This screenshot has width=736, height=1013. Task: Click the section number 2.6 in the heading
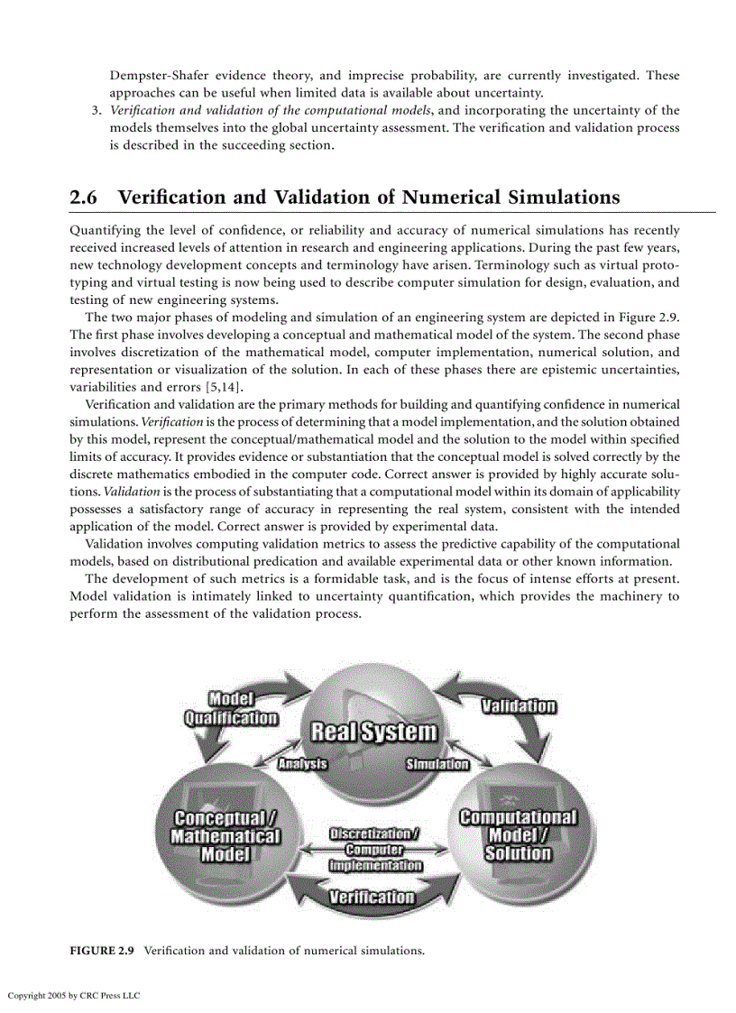pos(85,197)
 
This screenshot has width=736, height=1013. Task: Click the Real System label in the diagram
pos(373,732)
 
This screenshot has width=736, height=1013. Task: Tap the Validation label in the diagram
pos(518,705)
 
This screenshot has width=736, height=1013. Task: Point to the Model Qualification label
pos(231,708)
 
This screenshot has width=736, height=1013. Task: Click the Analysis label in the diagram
pos(302,765)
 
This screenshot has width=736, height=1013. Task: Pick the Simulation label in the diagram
pos(437,765)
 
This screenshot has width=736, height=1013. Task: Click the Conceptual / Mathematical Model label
pos(225,835)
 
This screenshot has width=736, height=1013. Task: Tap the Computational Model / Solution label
pos(518,835)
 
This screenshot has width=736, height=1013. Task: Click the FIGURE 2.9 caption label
pos(102,951)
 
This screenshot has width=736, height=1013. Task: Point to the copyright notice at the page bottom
pos(74,995)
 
